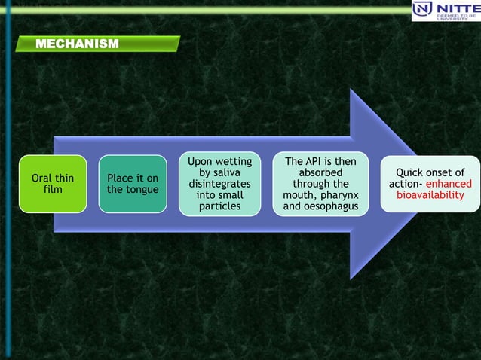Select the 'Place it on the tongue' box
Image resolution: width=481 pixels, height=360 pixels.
(x=133, y=184)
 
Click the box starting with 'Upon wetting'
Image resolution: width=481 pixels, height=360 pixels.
(x=220, y=184)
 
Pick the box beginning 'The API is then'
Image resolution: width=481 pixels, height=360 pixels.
(x=320, y=184)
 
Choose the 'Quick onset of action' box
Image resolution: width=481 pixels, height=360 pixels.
(x=430, y=184)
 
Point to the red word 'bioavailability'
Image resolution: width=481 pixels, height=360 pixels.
(x=430, y=195)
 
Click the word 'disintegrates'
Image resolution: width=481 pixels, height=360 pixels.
(x=220, y=184)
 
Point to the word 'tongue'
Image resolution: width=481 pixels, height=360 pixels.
(x=142, y=189)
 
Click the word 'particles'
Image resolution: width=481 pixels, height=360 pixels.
(x=220, y=206)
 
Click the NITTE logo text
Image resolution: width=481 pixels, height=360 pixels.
(x=457, y=8)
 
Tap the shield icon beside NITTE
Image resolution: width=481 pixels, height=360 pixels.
(x=423, y=10)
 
